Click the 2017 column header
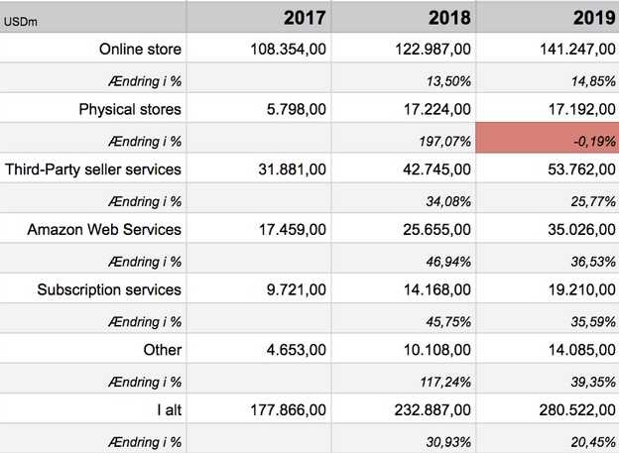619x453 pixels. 305,18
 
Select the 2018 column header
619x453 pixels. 449,18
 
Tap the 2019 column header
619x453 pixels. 594,18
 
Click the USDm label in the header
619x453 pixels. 21,22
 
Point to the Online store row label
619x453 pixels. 140,49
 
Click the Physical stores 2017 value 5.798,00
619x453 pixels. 297,109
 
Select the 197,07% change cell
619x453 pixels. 444,142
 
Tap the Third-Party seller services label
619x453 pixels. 93,170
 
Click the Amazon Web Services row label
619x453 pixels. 104,230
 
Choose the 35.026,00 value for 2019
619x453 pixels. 581,230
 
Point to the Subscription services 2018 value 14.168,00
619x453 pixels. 437,290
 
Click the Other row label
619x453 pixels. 163,350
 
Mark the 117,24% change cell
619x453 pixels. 445,382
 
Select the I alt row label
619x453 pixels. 169,410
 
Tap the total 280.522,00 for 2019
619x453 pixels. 577,410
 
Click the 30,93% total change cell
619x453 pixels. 448,442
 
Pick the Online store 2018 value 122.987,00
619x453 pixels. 433,49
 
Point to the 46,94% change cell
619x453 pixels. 448,262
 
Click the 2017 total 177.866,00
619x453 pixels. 289,410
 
